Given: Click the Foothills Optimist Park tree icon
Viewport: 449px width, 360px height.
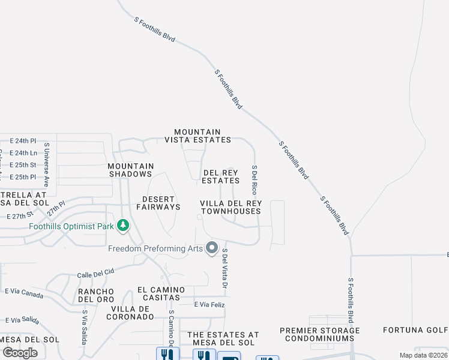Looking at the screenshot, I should (123, 226).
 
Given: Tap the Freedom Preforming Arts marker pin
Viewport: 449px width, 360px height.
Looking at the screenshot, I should (211, 248).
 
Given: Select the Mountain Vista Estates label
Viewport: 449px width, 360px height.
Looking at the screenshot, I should (197, 136).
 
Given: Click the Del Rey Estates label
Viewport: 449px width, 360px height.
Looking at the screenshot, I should (220, 176).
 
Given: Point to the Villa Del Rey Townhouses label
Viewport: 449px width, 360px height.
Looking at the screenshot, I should (231, 207).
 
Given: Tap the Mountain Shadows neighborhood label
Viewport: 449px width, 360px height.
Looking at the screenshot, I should (130, 170).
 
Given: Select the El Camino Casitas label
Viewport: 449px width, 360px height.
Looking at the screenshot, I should (158, 293).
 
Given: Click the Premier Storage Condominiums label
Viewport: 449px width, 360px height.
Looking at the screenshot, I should (320, 334).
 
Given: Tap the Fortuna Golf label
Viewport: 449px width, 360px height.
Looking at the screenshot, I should (416, 330).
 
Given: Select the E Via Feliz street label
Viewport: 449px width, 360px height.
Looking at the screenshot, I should (209, 305).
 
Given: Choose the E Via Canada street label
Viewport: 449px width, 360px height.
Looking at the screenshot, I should (24, 293).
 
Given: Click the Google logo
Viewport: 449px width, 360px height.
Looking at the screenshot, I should (20, 352).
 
